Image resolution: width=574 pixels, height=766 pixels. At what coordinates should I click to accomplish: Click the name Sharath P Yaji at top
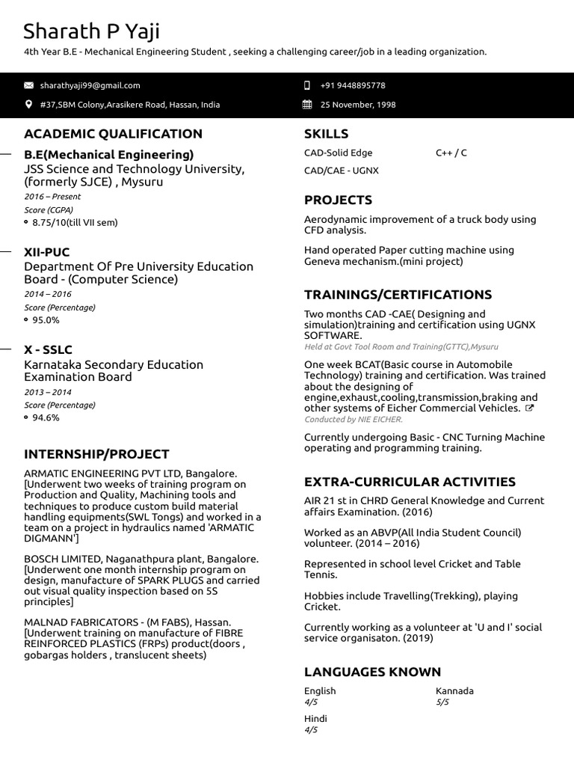click(91, 31)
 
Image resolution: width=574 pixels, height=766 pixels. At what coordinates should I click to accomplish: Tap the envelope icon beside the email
click(29, 85)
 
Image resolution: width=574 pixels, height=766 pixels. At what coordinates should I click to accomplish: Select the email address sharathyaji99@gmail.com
click(90, 85)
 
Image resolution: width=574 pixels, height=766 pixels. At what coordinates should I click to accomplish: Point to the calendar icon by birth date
click(307, 105)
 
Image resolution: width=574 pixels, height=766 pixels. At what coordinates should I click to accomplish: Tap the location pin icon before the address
click(29, 105)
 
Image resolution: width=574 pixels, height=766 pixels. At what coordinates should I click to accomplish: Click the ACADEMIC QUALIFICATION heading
click(113, 134)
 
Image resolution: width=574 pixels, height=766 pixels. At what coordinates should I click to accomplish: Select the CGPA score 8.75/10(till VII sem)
click(75, 222)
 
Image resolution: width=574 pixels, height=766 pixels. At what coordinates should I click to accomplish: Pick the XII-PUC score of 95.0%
click(46, 320)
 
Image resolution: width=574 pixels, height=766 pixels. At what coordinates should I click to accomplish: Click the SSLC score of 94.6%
click(46, 417)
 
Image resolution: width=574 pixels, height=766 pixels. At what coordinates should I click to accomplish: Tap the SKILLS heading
click(326, 134)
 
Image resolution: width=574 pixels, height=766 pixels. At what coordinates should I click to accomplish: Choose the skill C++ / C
click(451, 153)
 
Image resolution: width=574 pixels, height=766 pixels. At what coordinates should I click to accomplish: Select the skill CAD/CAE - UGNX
click(341, 171)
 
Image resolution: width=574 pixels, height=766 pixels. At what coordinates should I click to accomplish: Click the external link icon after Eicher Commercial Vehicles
click(530, 408)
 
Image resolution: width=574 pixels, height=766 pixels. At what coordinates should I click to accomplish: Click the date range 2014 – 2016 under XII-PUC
click(48, 294)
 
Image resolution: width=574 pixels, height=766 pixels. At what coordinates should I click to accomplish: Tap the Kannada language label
click(454, 691)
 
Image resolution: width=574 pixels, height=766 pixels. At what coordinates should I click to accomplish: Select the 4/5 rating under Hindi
click(311, 730)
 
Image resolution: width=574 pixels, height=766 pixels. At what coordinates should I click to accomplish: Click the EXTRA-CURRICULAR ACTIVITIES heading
click(410, 482)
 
